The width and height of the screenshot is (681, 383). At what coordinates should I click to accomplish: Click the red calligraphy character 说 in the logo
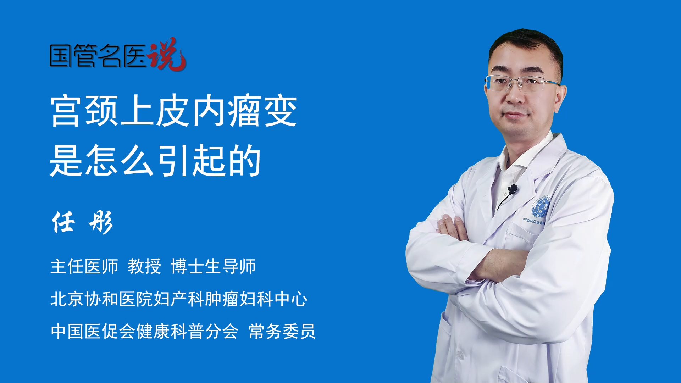tap(167, 54)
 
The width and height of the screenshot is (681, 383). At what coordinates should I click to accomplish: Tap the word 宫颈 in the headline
tap(84, 111)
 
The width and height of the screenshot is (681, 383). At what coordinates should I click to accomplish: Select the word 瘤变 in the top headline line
tap(262, 111)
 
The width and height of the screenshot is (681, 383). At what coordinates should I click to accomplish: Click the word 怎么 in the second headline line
tap(120, 160)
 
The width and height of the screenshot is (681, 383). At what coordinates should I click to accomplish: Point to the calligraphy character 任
tap(63, 222)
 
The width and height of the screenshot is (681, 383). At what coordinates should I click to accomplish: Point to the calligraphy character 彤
tap(101, 222)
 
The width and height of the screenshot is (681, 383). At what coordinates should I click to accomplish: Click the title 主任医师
tap(84, 266)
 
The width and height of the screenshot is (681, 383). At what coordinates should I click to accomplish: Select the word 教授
tap(144, 266)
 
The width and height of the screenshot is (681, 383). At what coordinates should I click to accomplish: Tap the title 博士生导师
tap(213, 266)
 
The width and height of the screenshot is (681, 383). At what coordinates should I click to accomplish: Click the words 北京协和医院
tap(101, 299)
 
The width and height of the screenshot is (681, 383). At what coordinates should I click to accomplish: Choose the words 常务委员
tap(282, 331)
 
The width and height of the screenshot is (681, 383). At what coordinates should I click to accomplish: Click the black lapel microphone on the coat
tap(513, 189)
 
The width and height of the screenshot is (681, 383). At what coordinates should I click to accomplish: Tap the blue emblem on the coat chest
tap(541, 207)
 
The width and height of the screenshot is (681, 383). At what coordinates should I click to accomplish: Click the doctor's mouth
tap(515, 115)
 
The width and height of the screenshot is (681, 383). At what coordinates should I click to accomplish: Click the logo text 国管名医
tap(98, 56)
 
